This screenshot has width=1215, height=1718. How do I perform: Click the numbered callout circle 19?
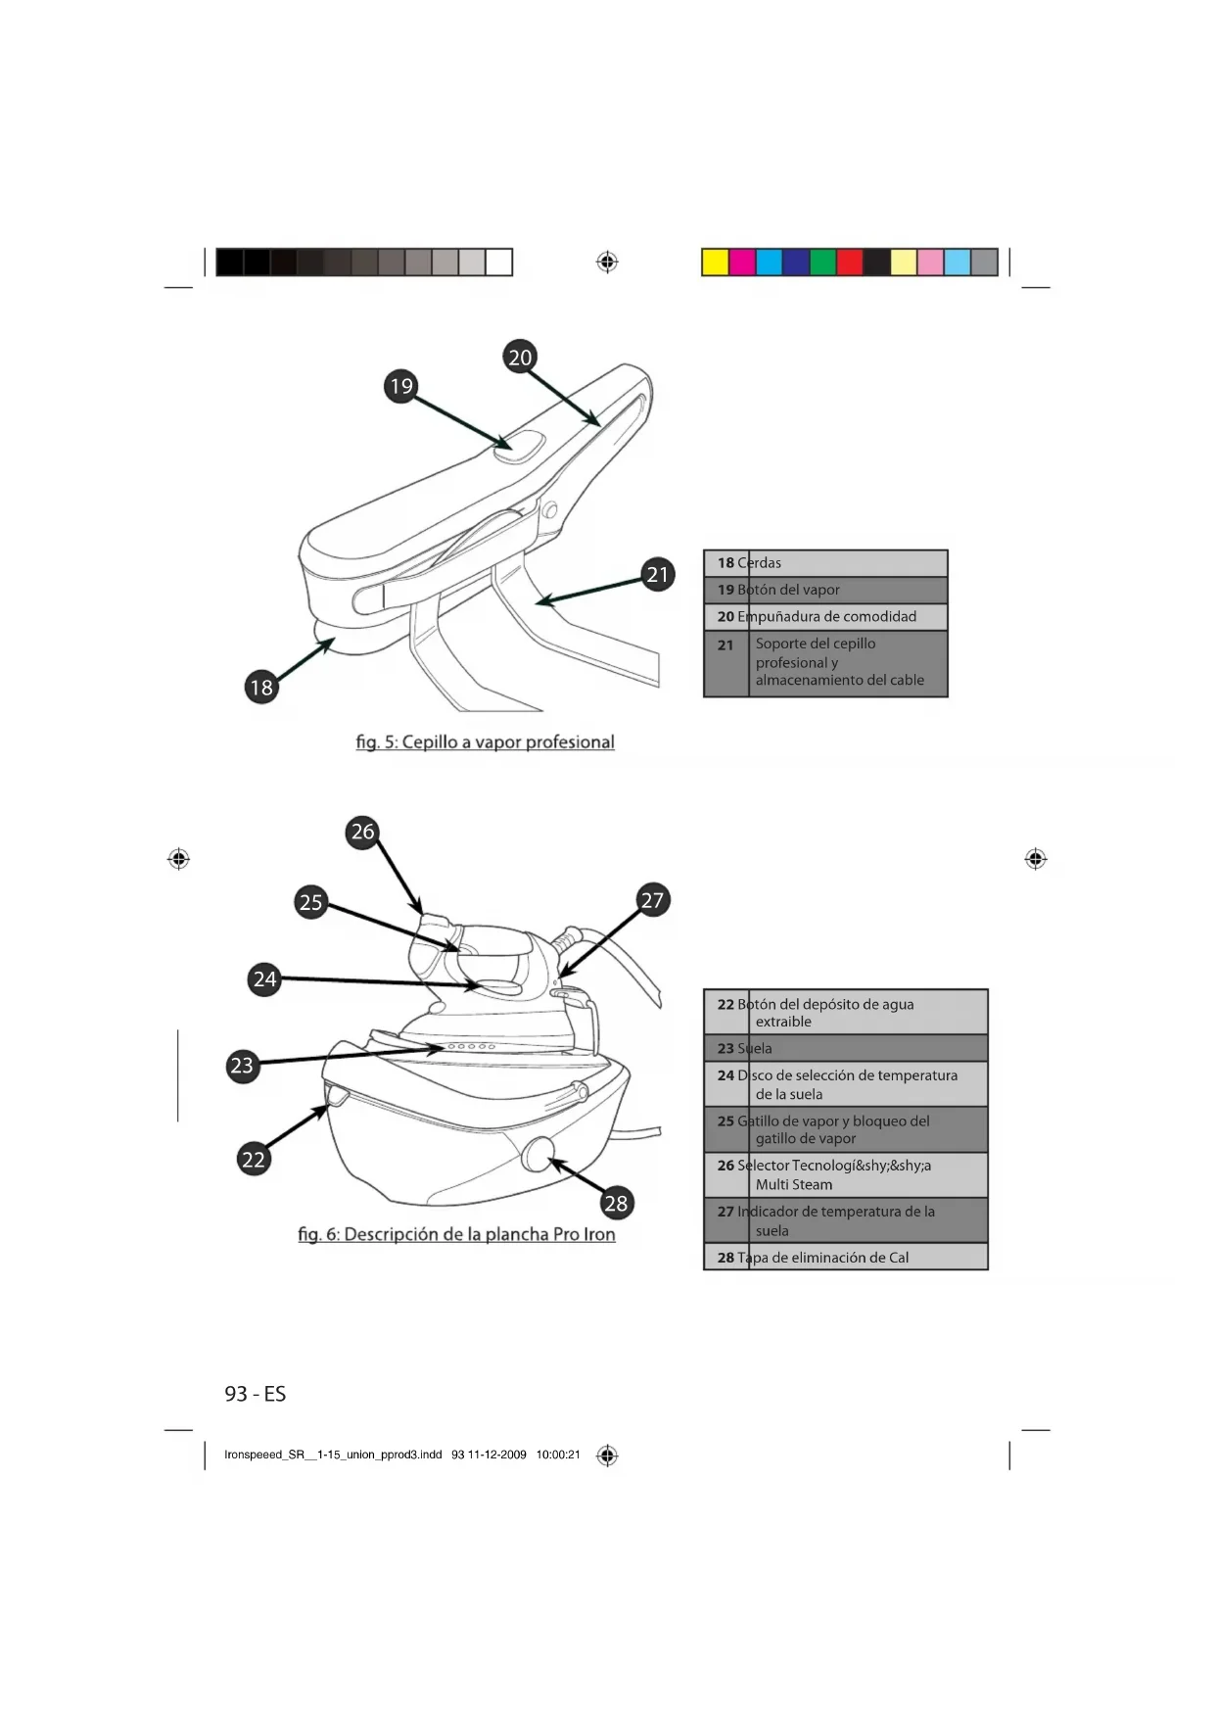click(x=401, y=386)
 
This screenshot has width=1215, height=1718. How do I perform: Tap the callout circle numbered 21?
click(x=658, y=574)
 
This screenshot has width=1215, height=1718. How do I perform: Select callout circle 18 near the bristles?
click(x=261, y=688)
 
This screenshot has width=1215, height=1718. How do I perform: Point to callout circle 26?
click(x=363, y=832)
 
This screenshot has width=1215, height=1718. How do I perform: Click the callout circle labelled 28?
click(x=616, y=1203)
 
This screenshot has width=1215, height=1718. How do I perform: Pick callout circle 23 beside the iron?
click(x=242, y=1066)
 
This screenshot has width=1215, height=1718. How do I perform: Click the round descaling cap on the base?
click(x=537, y=1155)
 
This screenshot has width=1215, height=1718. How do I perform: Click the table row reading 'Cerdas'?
click(x=825, y=563)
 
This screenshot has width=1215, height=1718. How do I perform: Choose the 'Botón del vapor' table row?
click(x=825, y=590)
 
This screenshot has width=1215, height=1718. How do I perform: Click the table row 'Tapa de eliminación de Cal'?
click(x=845, y=1258)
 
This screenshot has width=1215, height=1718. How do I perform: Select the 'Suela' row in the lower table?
click(x=845, y=1048)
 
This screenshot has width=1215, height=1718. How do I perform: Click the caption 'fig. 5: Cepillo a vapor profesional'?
click(x=486, y=742)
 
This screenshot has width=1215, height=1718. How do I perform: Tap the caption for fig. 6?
click(x=457, y=1234)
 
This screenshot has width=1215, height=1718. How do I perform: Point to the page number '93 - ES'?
click(x=256, y=1394)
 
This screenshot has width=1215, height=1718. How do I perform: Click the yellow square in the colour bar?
click(x=716, y=262)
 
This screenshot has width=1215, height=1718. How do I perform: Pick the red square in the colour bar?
click(x=850, y=262)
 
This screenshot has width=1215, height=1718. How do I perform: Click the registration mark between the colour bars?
click(x=607, y=262)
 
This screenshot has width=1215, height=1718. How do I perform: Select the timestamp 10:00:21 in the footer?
click(x=558, y=1456)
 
